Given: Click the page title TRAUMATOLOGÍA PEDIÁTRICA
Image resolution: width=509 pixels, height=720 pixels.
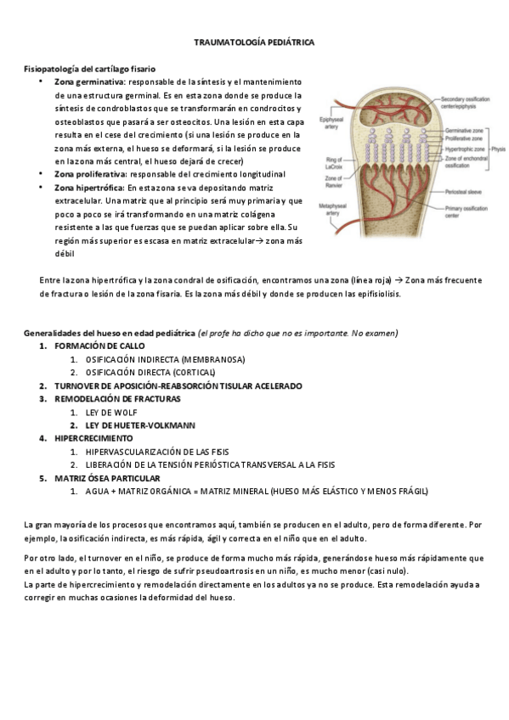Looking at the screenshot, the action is [254, 41].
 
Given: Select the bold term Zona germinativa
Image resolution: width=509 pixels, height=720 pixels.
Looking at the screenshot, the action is [89, 82].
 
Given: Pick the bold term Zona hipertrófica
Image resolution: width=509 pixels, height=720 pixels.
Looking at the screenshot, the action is [88, 188].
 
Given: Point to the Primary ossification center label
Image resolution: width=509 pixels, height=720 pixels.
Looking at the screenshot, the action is [467, 212].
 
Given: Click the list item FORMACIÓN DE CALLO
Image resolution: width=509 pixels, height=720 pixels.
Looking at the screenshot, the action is [99, 346].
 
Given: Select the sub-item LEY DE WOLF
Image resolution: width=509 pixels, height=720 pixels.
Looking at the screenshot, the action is [111, 413].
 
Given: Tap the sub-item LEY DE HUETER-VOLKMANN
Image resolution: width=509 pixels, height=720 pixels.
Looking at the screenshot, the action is [140, 425].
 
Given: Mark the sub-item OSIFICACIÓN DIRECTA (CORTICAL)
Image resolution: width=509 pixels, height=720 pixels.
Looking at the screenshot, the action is [150, 373].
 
